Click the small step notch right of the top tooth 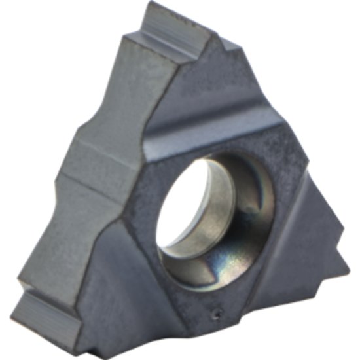pyautogui.click(x=229, y=46)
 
